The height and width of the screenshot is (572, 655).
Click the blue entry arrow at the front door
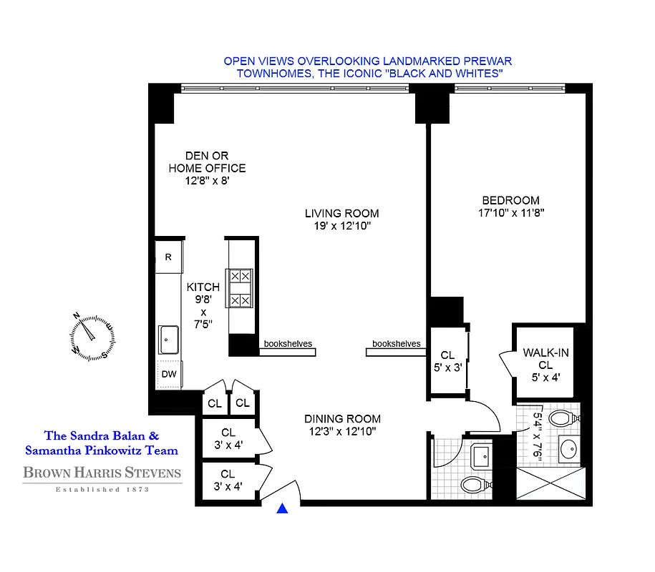[283, 508]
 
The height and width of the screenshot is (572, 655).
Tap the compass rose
[88, 335]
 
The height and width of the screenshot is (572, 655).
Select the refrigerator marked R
[169, 257]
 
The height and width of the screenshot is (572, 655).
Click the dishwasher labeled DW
[170, 374]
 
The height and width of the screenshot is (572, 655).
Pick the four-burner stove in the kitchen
[239, 287]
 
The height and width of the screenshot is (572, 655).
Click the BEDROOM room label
[510, 200]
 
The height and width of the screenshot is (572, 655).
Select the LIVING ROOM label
[341, 213]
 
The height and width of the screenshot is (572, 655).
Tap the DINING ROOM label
[341, 419]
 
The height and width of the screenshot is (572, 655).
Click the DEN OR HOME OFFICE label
[206, 162]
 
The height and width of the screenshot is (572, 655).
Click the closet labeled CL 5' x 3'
[447, 361]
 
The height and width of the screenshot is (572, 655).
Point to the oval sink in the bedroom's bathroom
[568, 450]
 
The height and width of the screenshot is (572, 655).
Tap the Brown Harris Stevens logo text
[102, 473]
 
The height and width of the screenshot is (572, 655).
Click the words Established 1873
[102, 490]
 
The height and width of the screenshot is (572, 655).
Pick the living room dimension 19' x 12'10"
[341, 226]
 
